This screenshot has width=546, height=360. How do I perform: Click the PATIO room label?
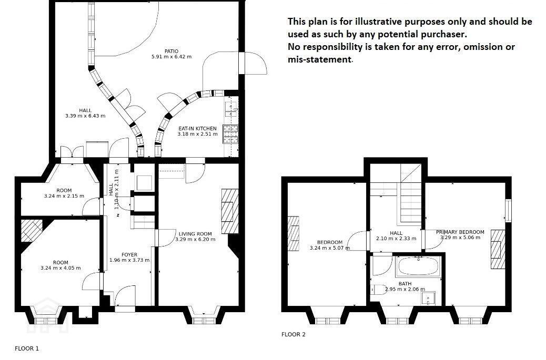coord(171,52)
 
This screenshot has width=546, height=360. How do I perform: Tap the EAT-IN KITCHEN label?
coord(197,128)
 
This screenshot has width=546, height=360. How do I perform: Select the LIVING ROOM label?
coord(195,234)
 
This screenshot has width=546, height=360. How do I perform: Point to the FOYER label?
coord(129,254)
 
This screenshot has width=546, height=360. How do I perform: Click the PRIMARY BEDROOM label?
coord(460,232)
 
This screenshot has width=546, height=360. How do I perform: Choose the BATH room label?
coord(405,284)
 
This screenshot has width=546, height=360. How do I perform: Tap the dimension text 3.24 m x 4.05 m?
coord(60,268)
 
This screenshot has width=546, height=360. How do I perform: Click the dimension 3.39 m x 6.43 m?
coord(85,116)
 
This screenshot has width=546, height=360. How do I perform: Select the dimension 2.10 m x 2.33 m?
coord(396,239)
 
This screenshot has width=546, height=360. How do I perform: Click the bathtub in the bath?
coord(419,266)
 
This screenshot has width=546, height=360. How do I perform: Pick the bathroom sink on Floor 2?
coord(428,299)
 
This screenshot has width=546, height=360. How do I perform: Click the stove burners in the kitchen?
coord(230,134)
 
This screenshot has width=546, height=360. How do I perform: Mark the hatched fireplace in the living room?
coord(230,211)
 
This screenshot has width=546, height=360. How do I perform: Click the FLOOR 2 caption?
coord(293,335)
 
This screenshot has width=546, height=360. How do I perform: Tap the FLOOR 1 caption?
coord(27,348)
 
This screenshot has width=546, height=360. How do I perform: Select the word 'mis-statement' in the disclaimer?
coord(320,59)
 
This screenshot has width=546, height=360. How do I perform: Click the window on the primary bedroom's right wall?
coord(509,210)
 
